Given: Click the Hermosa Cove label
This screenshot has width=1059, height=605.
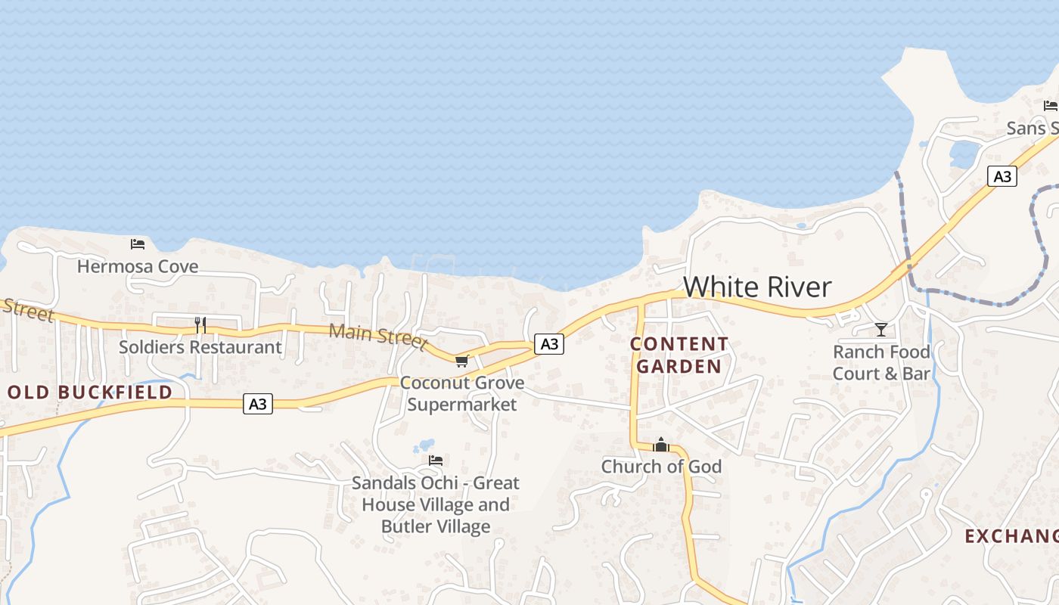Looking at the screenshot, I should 138,266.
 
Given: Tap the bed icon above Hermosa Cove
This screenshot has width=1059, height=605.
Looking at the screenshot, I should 138,244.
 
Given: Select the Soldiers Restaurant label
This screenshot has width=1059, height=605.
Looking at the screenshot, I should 200,347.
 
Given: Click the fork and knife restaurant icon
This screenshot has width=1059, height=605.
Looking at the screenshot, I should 200,325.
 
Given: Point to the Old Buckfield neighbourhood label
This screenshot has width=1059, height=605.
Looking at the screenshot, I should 90,392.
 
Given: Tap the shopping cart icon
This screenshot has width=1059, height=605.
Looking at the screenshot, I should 462,361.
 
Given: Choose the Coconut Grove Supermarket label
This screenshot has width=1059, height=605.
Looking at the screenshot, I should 462,393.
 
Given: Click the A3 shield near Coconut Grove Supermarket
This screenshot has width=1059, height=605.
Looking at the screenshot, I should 549,344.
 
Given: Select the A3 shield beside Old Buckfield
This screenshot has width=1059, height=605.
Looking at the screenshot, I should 258,404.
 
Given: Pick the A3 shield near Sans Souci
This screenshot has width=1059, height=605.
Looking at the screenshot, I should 1002,177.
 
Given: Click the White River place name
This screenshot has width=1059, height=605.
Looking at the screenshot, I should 757,287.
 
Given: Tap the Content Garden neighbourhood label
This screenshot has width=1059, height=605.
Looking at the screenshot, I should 679,355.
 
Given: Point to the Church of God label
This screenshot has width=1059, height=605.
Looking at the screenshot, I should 661,467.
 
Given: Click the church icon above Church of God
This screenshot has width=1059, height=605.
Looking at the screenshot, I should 661,445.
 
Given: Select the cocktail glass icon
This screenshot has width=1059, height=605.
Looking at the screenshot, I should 880,329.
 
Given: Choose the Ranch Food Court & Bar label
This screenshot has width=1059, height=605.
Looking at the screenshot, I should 881,363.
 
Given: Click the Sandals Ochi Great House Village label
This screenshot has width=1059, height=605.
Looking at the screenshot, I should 436,504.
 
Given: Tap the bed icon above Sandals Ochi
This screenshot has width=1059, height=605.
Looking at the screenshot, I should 436,460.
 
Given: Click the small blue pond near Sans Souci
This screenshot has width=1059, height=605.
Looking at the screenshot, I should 964,155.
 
